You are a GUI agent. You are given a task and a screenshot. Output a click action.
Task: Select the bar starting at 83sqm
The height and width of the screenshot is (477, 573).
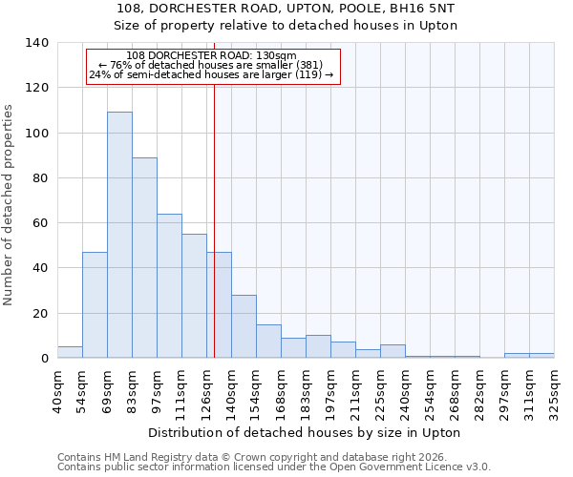tap(144, 258)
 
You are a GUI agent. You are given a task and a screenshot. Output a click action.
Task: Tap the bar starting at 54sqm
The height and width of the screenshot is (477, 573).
tap(95, 305)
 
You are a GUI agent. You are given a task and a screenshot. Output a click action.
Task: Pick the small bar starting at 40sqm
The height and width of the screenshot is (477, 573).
tap(70, 352)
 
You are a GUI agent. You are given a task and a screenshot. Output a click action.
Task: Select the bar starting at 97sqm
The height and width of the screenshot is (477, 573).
tap(169, 286)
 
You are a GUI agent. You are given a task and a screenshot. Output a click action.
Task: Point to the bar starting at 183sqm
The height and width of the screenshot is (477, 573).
tap(318, 347)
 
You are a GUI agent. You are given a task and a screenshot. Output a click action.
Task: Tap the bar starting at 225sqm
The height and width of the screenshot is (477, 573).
tap(393, 351)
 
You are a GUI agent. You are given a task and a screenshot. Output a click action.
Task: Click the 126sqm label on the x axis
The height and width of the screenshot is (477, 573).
tap(206, 389)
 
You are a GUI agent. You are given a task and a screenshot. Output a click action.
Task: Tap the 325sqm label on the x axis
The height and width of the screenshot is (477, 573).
tap(554, 389)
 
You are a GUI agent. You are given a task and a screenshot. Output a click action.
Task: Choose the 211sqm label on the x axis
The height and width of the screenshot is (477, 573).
tap(355, 389)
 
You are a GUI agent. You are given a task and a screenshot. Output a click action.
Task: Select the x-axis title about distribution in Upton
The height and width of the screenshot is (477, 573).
tap(305, 432)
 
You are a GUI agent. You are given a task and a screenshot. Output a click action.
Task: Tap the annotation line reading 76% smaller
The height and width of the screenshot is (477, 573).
tap(211, 65)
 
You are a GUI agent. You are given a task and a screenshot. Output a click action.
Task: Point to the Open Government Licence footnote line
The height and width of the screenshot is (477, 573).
tap(274, 467)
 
